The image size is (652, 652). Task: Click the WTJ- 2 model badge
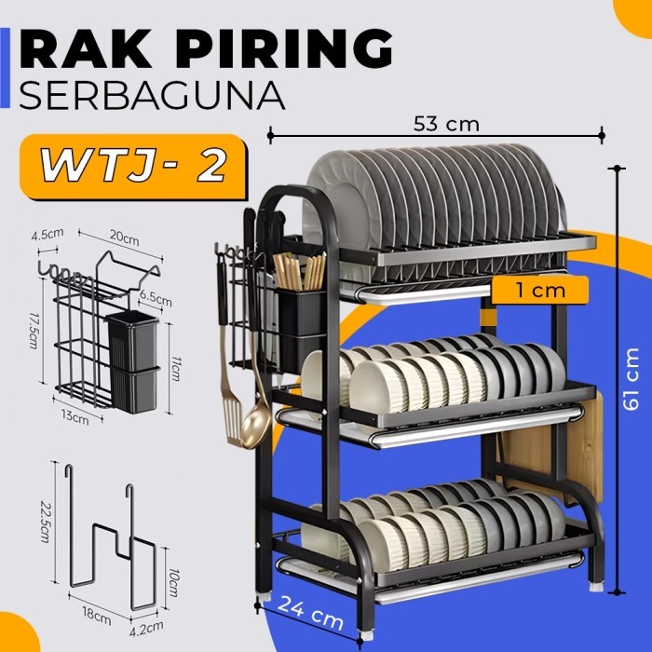coord(132,167)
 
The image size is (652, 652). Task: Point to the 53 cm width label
coord(441,121)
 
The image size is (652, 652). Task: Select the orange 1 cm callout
coord(539,291)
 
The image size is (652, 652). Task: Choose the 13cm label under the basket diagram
coord(79,417)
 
